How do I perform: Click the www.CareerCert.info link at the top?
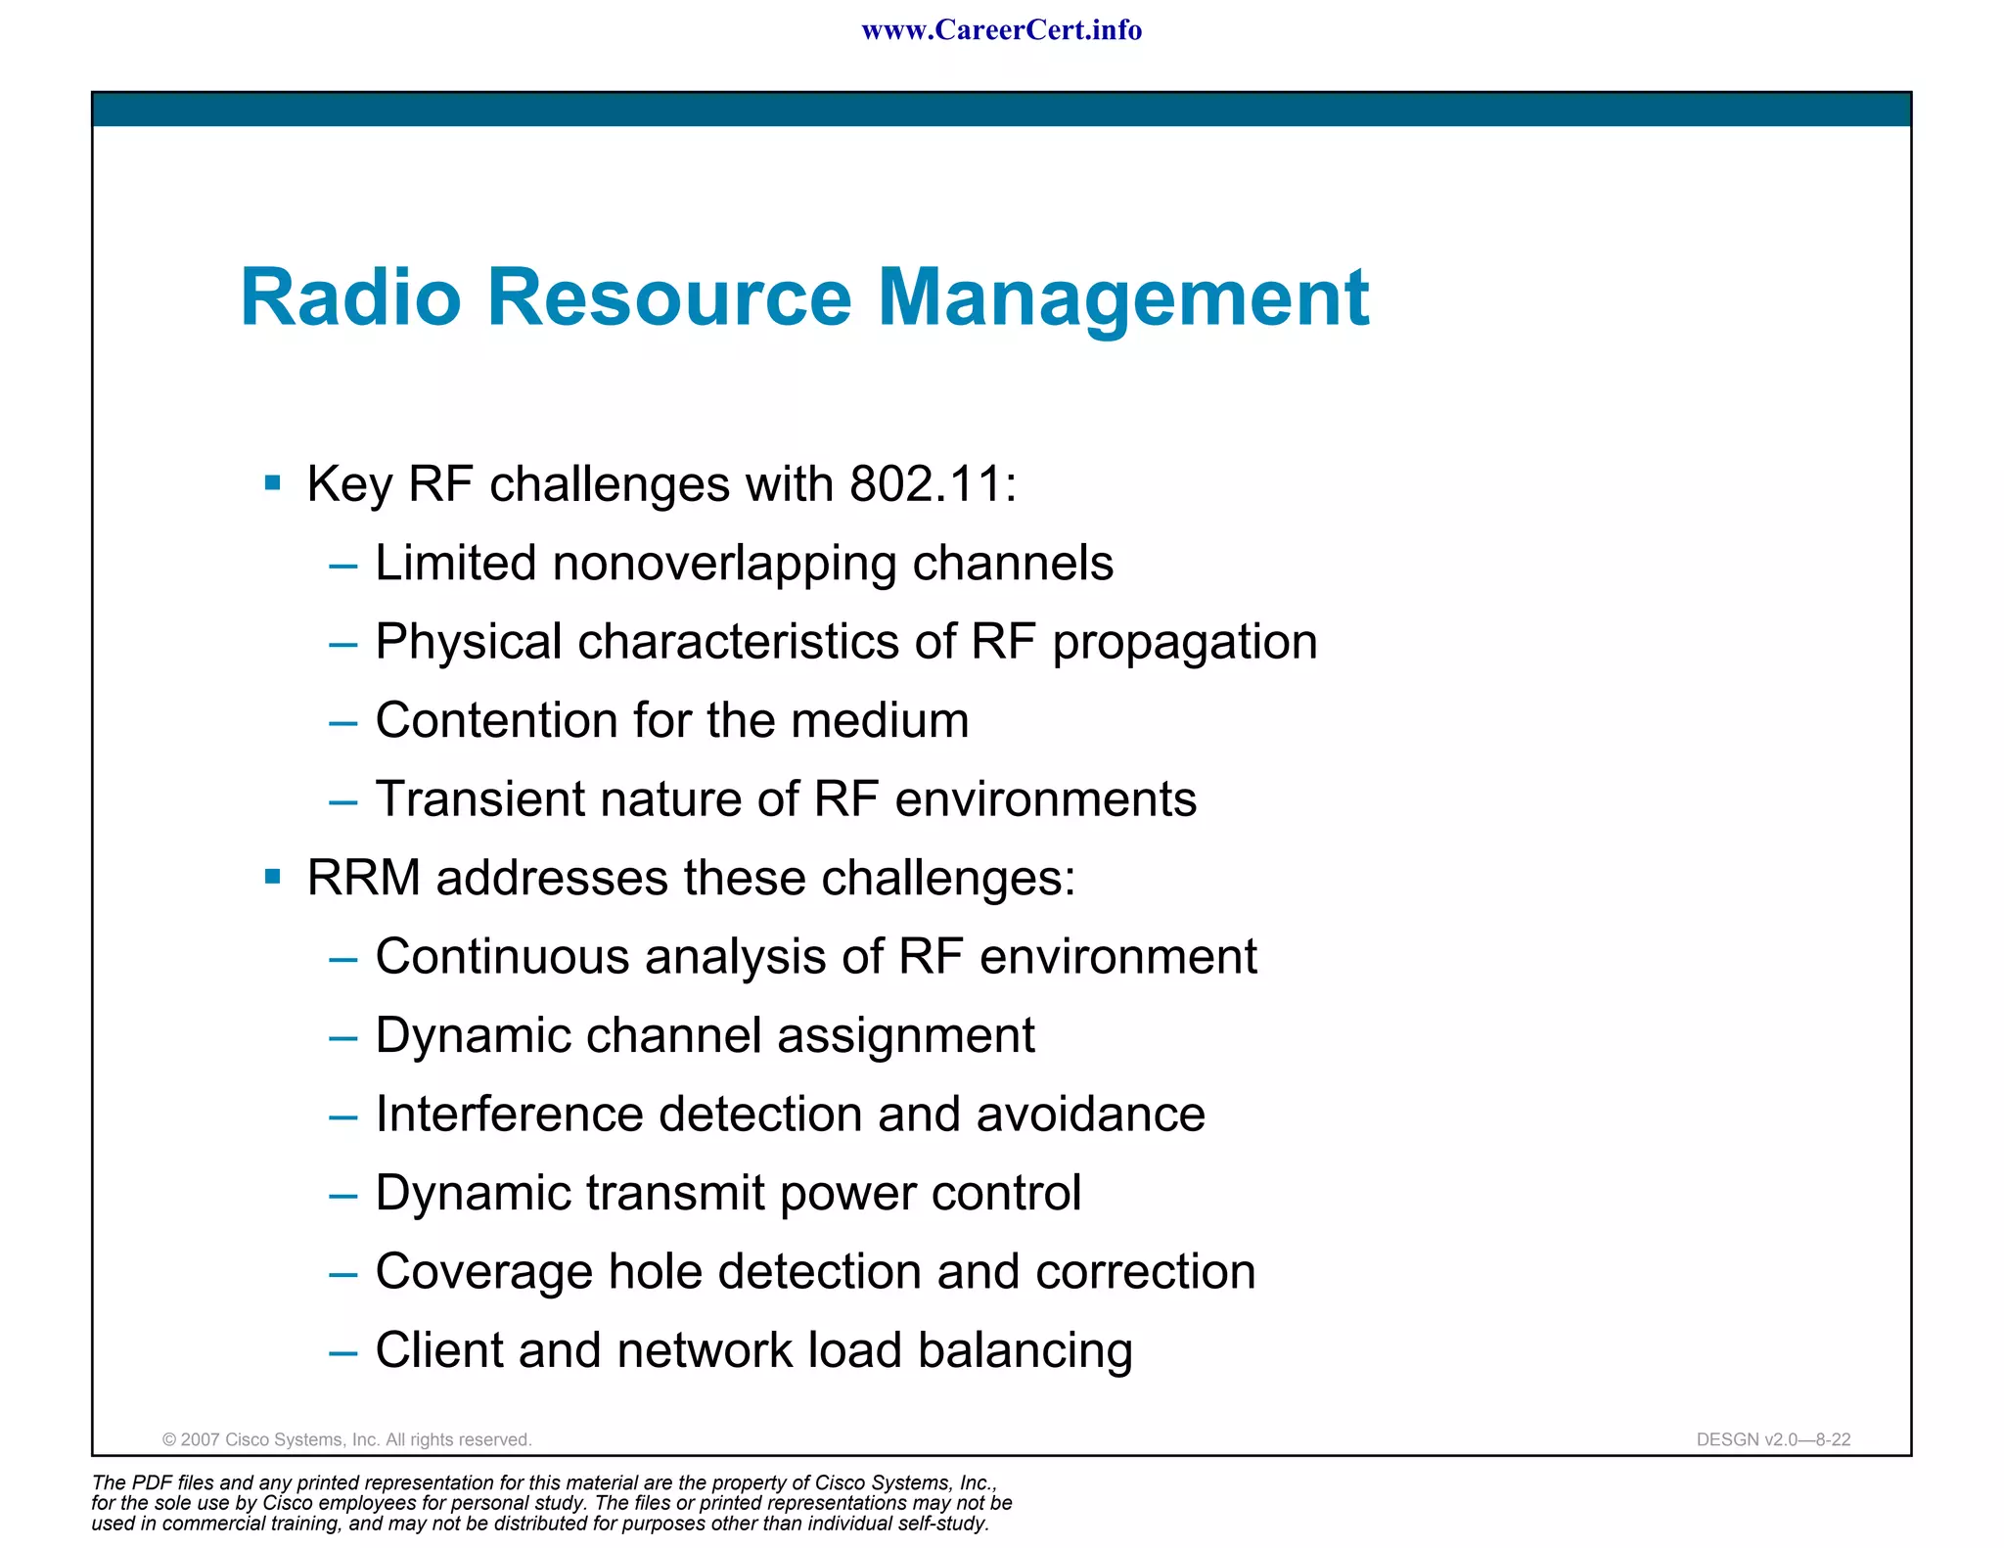click(x=1001, y=30)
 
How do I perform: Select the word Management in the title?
click(x=1122, y=298)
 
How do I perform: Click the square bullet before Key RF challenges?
click(x=273, y=482)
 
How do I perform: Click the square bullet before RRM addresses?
click(x=273, y=876)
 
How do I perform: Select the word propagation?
click(x=1184, y=644)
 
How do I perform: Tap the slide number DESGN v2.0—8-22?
click(x=1772, y=1439)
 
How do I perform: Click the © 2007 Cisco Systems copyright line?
click(x=346, y=1439)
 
